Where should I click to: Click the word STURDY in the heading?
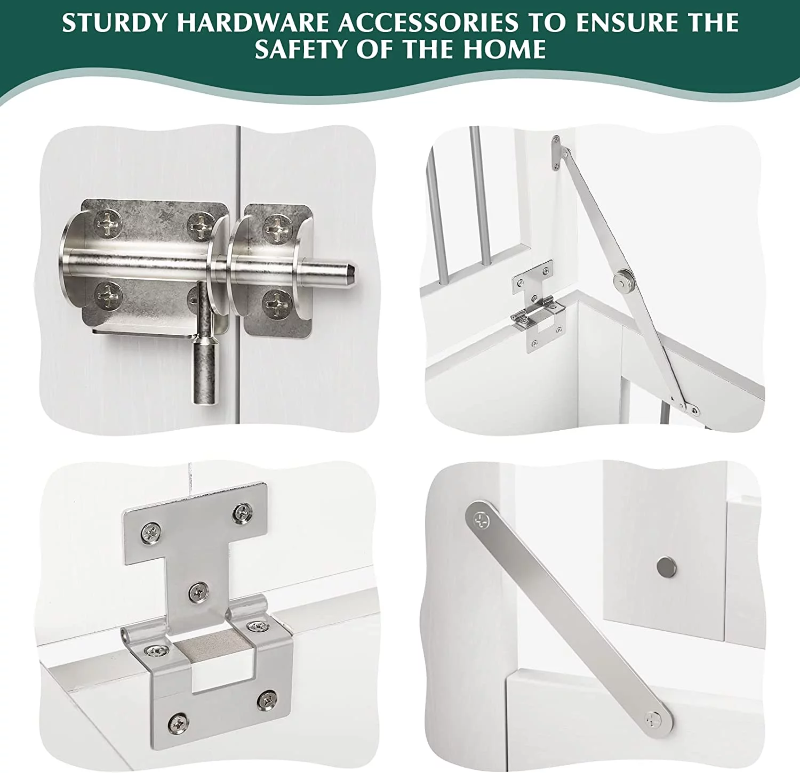pos(116,23)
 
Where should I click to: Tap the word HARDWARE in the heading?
pos(253,23)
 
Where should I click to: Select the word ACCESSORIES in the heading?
pos(428,23)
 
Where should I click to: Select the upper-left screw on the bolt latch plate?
pos(109,223)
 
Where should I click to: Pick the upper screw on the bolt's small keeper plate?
pos(278,228)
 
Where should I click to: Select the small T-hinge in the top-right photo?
pos(538,307)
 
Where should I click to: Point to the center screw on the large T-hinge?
pos(199,591)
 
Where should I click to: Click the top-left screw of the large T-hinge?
pos(151,532)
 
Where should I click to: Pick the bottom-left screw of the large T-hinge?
pos(178,723)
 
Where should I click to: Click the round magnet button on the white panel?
pos(666,567)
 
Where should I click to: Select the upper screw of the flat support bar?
pos(482,519)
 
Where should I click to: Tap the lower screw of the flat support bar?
pos(654,719)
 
